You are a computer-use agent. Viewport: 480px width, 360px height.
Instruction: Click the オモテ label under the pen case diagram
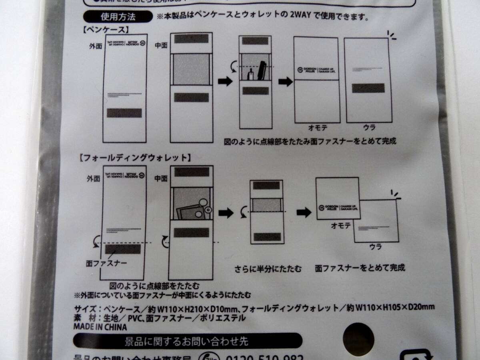point(318,128)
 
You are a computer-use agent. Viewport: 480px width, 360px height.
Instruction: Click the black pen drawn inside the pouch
point(263,70)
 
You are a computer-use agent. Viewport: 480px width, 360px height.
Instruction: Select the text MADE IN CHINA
point(100,327)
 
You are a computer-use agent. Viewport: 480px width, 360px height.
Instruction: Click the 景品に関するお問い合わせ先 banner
point(187,341)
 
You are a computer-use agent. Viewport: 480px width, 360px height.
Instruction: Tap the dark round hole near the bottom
point(359,336)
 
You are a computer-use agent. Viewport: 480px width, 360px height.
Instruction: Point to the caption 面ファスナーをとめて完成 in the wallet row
point(360,267)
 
